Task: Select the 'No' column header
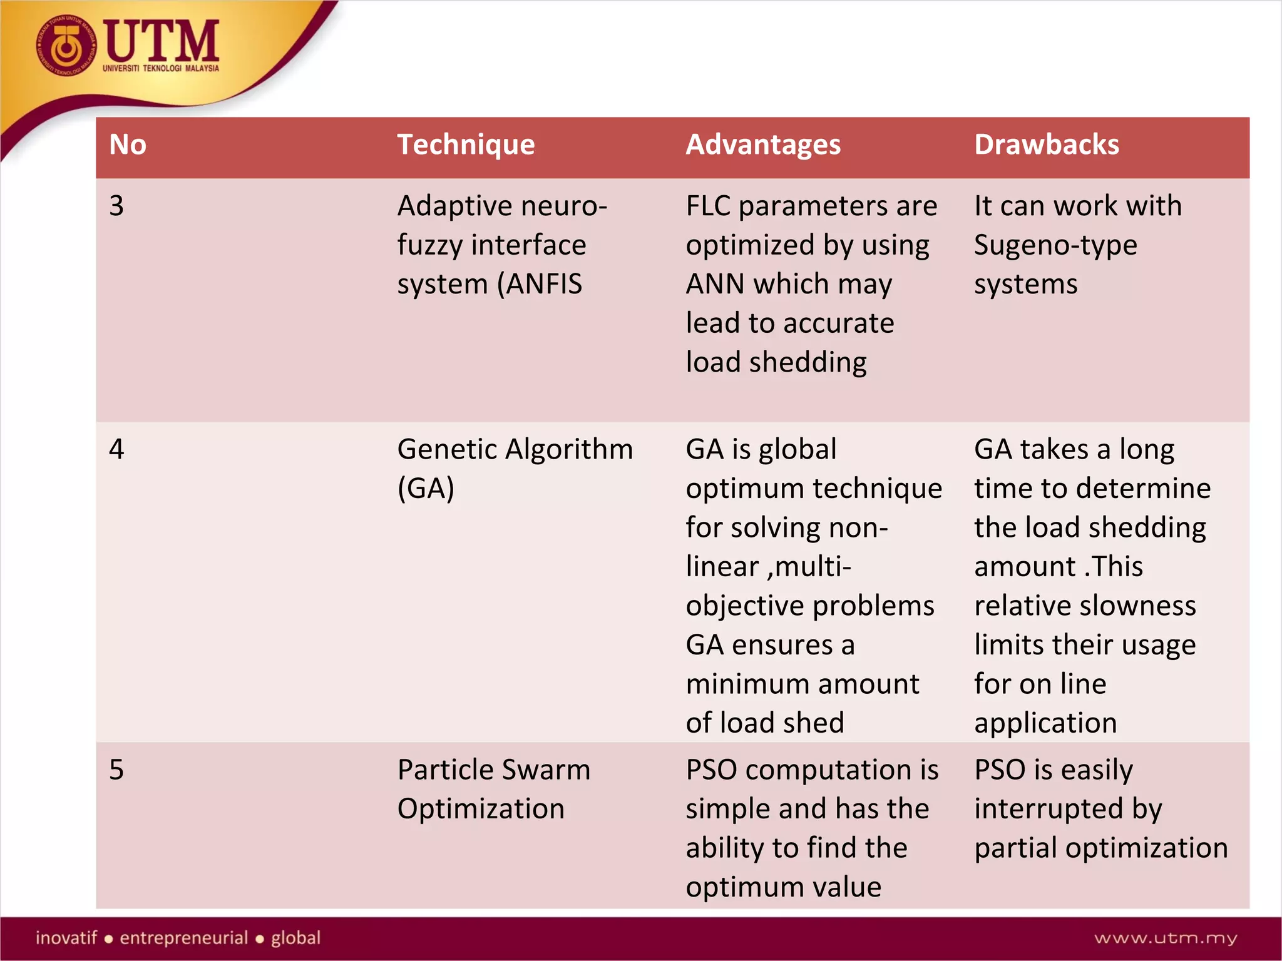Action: [128, 145]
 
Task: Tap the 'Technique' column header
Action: [466, 145]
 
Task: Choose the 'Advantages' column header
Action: [763, 145]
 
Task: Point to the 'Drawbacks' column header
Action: [1046, 145]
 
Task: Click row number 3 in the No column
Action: [116, 206]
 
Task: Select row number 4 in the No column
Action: [116, 449]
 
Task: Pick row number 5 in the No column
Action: [116, 770]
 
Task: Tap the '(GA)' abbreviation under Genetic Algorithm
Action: [426, 488]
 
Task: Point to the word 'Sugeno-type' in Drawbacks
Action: [1055, 245]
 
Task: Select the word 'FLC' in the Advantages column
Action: [708, 206]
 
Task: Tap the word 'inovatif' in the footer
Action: [66, 938]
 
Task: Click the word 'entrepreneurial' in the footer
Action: [184, 938]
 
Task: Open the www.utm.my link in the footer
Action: [1166, 938]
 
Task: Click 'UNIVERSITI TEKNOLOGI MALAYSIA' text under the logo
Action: [161, 68]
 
